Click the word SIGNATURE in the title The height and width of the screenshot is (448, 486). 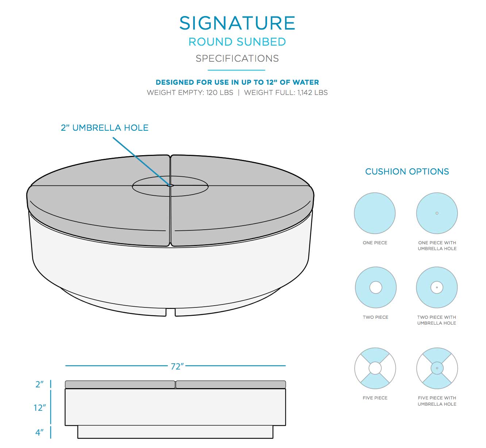tap(237, 23)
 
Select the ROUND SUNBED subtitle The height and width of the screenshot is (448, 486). tap(237, 42)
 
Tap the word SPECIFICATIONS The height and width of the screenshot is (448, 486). tap(237, 58)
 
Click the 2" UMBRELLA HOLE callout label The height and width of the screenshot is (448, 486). tap(105, 128)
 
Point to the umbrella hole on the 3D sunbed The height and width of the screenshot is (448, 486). tap(170, 185)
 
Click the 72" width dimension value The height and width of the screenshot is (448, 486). tap(177, 366)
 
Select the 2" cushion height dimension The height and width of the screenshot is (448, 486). tap(39, 384)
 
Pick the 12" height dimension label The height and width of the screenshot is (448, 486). tap(40, 407)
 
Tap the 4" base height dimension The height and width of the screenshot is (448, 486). tap(39, 433)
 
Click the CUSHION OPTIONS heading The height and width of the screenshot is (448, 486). tap(407, 172)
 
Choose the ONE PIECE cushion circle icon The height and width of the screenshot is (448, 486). tap(375, 213)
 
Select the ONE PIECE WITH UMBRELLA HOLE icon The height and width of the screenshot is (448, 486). tap(437, 213)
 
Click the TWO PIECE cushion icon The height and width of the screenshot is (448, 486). tap(375, 287)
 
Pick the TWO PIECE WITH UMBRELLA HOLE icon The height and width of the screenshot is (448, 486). tap(437, 287)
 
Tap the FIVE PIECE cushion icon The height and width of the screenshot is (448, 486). tap(375, 368)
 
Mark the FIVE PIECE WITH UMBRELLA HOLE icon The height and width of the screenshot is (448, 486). tap(437, 368)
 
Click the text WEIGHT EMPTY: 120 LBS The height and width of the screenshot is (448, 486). tap(190, 93)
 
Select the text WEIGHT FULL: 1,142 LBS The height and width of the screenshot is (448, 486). tap(286, 93)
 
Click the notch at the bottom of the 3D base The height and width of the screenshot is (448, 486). tap(171, 313)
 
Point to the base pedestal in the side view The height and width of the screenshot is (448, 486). tap(175, 432)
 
